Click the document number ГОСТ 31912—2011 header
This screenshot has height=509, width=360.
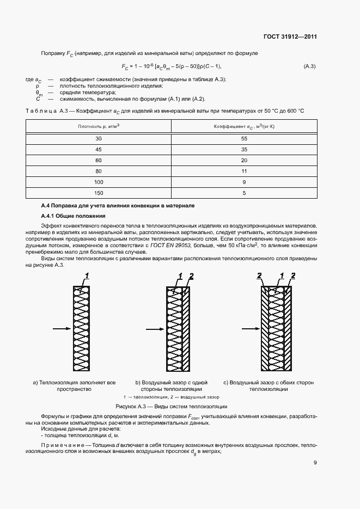[290, 37]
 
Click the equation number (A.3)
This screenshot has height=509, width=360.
[309, 66]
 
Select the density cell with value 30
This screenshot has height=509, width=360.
[99, 139]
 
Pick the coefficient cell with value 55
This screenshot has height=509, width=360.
[244, 139]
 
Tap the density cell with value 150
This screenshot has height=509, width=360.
[99, 192]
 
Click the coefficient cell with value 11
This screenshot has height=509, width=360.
[244, 171]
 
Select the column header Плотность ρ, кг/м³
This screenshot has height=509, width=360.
[99, 126]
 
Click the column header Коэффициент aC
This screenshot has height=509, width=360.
[244, 126]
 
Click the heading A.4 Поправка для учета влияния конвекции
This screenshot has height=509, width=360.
[118, 205]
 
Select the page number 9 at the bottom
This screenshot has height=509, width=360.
[315, 463]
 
